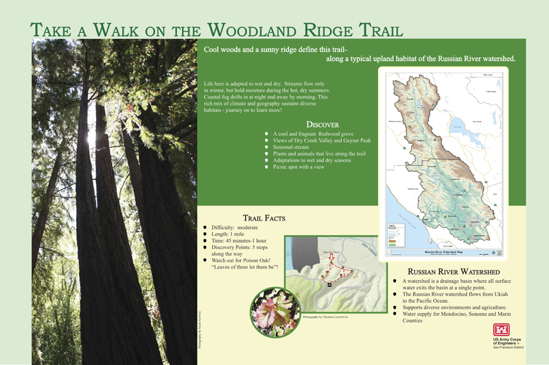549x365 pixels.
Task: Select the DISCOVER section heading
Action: tap(322, 124)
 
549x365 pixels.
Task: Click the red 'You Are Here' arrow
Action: tap(329, 260)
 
